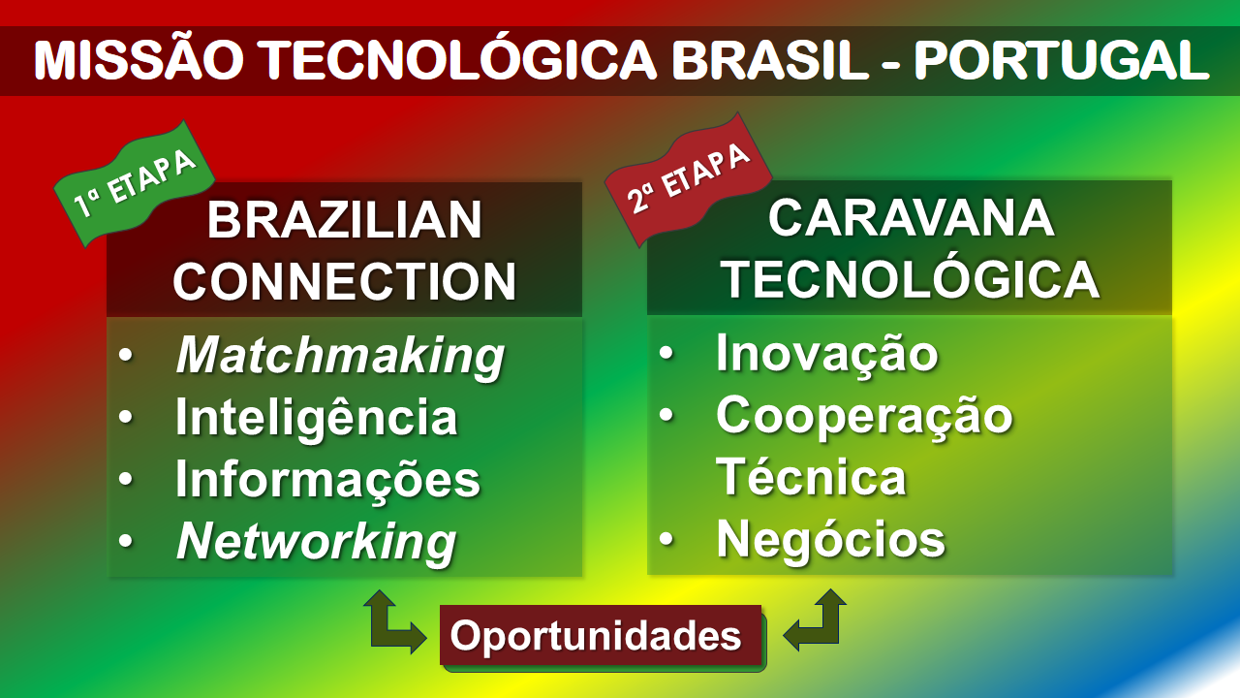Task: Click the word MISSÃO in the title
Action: point(139,60)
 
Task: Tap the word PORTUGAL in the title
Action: point(1062,60)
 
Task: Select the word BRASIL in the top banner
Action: point(770,60)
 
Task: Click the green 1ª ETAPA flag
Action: point(135,183)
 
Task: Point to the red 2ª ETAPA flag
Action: point(688,178)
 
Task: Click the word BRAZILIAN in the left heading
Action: point(345,220)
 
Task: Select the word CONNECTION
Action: point(345,281)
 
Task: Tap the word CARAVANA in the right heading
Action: point(912,218)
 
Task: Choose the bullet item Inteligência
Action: point(317,418)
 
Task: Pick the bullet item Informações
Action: point(327,480)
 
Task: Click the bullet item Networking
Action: point(316,542)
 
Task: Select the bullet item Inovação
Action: point(827,355)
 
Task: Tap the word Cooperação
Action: point(864,417)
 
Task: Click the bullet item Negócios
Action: point(831,540)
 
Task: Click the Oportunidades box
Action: point(602,635)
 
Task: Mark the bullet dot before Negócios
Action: point(666,539)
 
